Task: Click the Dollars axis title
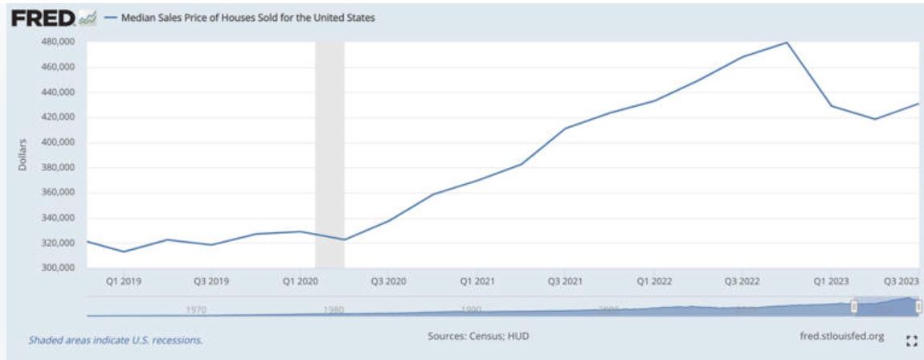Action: [24, 154]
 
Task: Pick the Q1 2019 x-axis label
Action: [124, 282]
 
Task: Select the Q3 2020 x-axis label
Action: [388, 282]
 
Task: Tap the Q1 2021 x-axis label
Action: [476, 282]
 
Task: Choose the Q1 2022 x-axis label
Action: [653, 282]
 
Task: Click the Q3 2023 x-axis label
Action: [902, 282]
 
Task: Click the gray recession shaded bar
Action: [329, 153]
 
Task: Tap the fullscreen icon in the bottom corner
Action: [910, 341]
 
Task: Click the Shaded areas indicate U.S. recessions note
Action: [116, 340]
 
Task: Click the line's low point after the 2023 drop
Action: [874, 119]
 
